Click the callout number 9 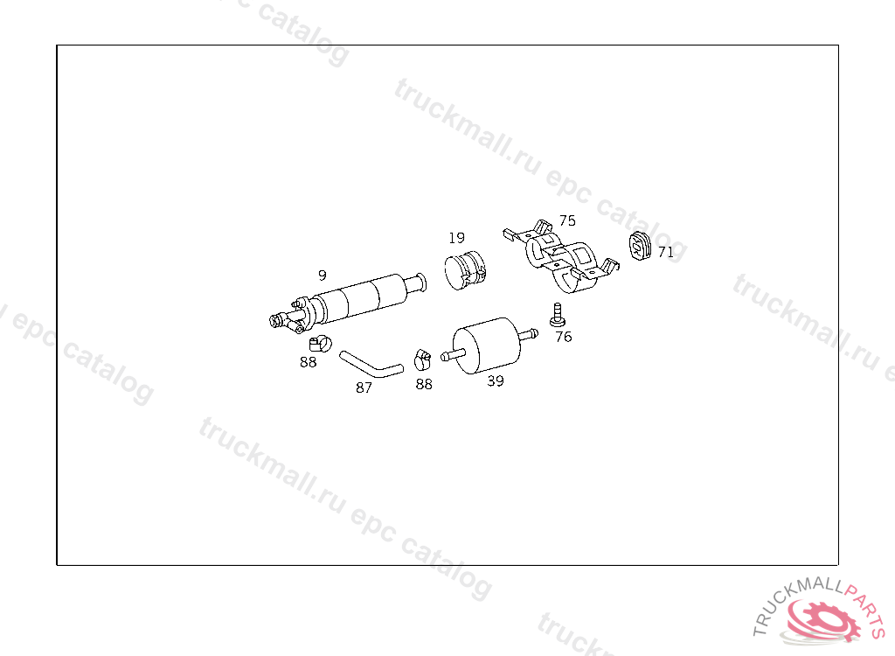pyautogui.click(x=323, y=275)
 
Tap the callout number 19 pyautogui.click(x=456, y=238)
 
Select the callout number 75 pyautogui.click(x=567, y=220)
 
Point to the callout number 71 pyautogui.click(x=666, y=252)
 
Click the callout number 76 pyautogui.click(x=564, y=337)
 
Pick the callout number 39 pyautogui.click(x=496, y=381)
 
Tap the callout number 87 pyautogui.click(x=364, y=387)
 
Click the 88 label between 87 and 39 pyautogui.click(x=424, y=384)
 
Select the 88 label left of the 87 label pyautogui.click(x=308, y=362)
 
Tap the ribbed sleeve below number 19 pyautogui.click(x=465, y=269)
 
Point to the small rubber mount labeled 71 pyautogui.click(x=641, y=247)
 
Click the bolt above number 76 pyautogui.click(x=557, y=315)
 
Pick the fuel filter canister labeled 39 pyautogui.click(x=486, y=345)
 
